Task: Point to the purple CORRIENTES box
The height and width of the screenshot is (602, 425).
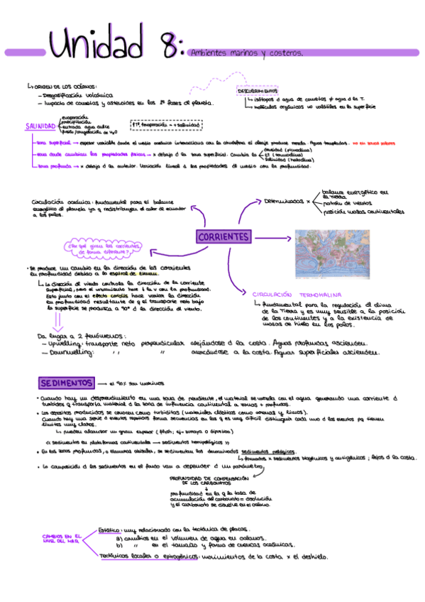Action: [x=223, y=236]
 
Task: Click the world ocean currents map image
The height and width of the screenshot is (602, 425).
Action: [x=331, y=253]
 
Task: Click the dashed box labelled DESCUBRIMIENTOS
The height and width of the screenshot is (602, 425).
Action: [x=257, y=91]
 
